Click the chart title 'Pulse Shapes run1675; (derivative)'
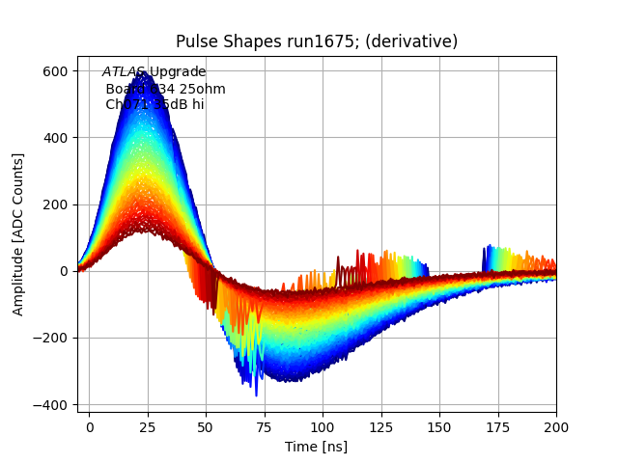point(317,41)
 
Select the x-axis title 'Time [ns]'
point(317,447)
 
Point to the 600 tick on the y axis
point(55,71)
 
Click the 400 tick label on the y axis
point(55,138)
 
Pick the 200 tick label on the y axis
point(55,204)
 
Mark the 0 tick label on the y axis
point(64,271)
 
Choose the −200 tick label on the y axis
point(50,338)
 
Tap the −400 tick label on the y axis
point(50,404)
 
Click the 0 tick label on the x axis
point(90,426)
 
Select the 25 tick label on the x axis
point(148,426)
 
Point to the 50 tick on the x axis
point(206,426)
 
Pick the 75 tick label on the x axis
point(265,426)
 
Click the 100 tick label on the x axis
point(323,426)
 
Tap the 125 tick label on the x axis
point(381,426)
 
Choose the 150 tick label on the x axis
point(439,426)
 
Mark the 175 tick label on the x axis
point(497,426)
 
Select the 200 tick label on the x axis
point(555,426)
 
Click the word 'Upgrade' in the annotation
point(177,72)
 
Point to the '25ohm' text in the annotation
point(203,89)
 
